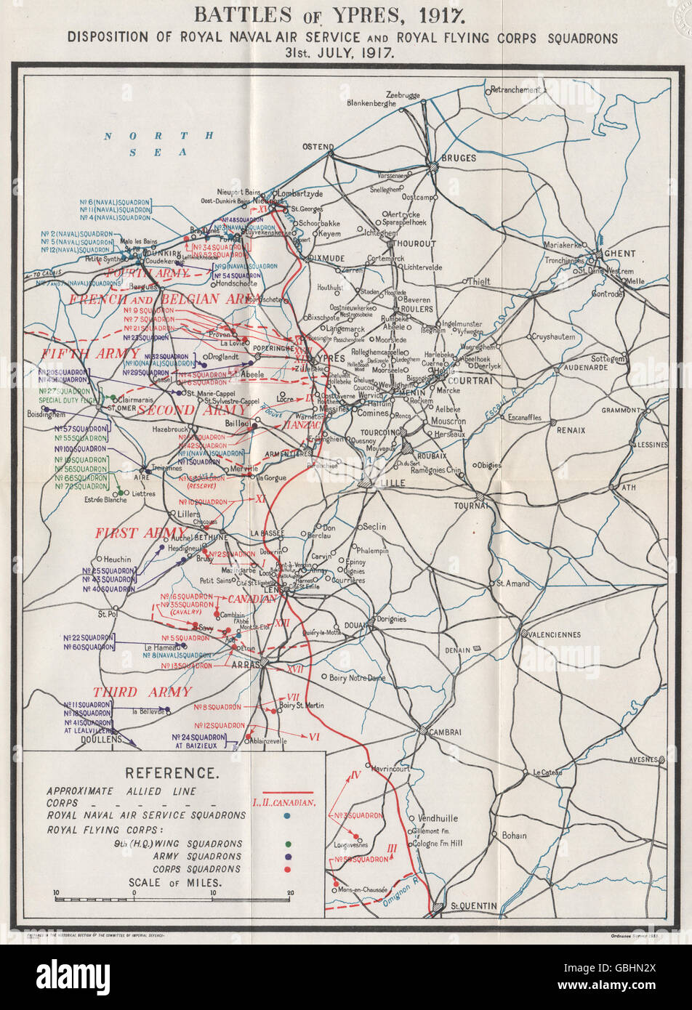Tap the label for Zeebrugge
point(403,95)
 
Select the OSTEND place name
point(318,147)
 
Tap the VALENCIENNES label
point(553,634)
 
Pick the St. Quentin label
point(474,906)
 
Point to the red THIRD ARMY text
point(142,692)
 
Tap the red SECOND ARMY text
point(186,410)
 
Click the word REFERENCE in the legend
point(170,773)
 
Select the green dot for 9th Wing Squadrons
point(289,844)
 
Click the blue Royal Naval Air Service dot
point(289,816)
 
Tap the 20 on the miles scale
point(289,893)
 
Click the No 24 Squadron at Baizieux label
point(200,740)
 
